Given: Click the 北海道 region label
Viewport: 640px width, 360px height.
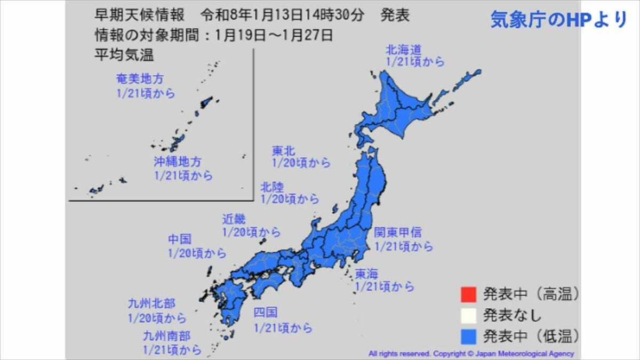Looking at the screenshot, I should tap(404, 50).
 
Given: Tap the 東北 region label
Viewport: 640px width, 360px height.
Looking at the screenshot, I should tap(284, 151).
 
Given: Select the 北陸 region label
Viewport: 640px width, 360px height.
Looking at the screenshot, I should tap(272, 187).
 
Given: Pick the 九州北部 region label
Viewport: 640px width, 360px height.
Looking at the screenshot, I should tap(151, 304).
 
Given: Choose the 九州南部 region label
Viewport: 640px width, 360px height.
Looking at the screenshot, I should tap(166, 336).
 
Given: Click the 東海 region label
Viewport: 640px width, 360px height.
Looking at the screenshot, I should tap(366, 274).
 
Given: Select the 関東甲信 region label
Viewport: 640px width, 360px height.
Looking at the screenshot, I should tap(397, 233).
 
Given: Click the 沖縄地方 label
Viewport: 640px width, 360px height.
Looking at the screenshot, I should tap(178, 162).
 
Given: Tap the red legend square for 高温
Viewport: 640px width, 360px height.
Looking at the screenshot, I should tap(467, 294).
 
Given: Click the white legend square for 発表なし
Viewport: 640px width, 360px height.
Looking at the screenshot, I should tap(467, 315).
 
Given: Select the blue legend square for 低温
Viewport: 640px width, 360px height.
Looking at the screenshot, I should tap(467, 335).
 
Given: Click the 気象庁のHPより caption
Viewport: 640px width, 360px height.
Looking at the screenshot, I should tap(558, 20).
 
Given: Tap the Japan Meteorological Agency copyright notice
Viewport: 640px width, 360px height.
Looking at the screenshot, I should tap(471, 354).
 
